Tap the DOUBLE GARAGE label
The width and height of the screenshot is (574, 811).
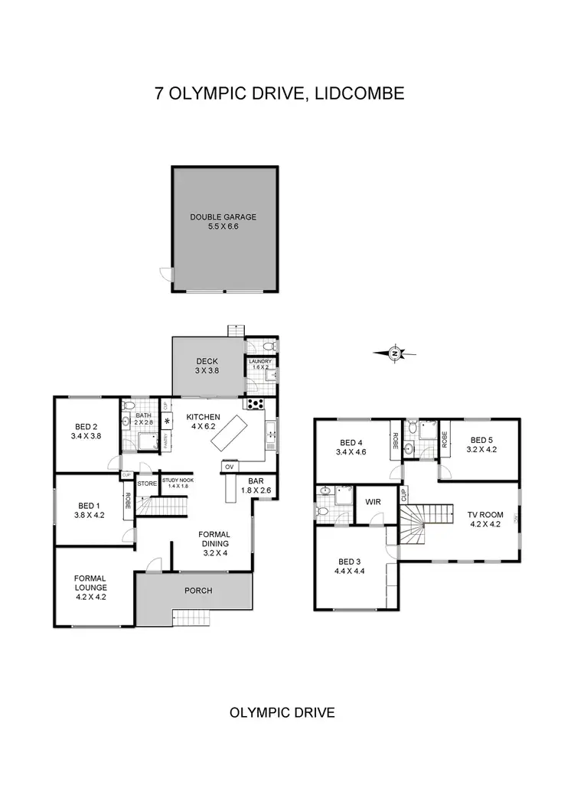pos(223,217)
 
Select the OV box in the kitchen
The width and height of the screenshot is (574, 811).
pos(229,466)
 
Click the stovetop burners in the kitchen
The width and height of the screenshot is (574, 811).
pos(253,405)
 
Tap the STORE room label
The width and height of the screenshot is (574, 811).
pos(146,483)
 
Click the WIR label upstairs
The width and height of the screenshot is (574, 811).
pos(373,502)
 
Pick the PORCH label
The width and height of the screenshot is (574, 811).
pos(198,591)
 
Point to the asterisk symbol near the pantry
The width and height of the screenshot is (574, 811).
pos(167,421)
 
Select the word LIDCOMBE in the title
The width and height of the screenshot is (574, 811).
pos(361,94)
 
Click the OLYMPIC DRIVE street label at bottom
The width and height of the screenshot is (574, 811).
pos(282,712)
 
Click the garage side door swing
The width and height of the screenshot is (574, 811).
pos(165,273)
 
